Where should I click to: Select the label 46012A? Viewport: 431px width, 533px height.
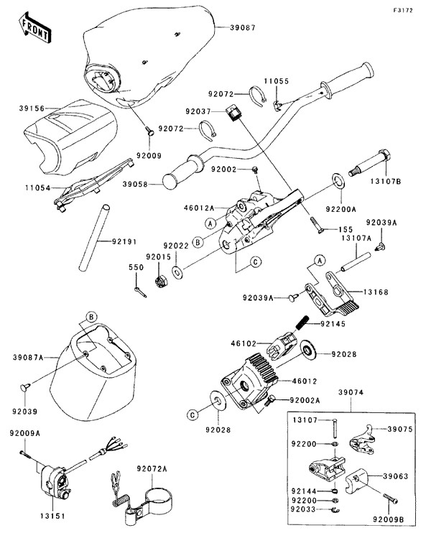click(198, 206)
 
